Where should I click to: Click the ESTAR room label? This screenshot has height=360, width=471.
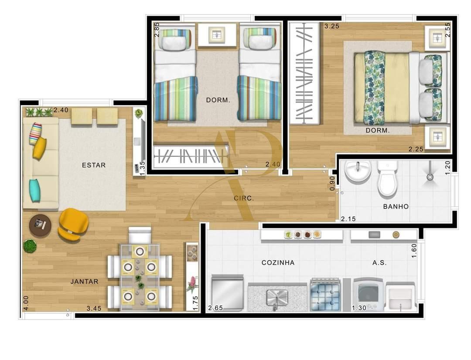tap(94, 165)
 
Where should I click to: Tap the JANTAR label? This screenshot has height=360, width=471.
tap(84, 282)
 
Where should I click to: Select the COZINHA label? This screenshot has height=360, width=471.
tap(278, 262)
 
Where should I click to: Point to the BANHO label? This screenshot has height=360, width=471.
tap(396, 207)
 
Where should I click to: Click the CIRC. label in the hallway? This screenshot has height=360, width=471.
tap(243, 198)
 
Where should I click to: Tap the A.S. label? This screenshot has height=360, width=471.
tap(379, 263)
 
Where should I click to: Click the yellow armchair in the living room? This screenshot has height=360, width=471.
tap(73, 224)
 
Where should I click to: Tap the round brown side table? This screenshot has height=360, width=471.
tap(40, 226)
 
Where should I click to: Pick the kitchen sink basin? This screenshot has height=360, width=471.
tap(276, 297)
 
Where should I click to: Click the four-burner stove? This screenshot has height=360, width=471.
tap(325, 295)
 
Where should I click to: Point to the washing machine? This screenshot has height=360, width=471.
tap(369, 294)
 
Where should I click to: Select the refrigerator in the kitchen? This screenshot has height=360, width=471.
tap(227, 292)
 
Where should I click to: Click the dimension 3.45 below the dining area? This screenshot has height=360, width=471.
tap(94, 309)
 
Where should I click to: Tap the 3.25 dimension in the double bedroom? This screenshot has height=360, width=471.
tap(331, 26)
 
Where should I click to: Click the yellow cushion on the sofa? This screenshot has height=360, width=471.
tap(39, 148)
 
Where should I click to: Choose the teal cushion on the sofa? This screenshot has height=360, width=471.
tap(35, 190)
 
